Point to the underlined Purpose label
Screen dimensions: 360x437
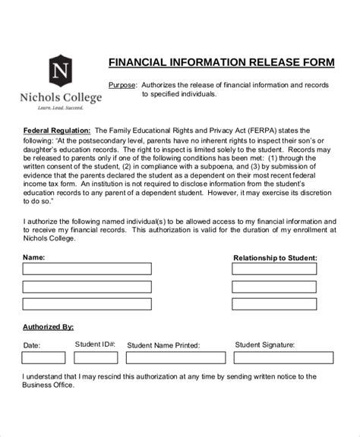[x=123, y=84]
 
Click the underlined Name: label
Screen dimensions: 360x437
[x=33, y=257]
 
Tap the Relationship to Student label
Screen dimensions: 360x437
[x=274, y=258]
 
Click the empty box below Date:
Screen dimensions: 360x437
[x=43, y=357]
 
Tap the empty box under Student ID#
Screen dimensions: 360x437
[x=95, y=357]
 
